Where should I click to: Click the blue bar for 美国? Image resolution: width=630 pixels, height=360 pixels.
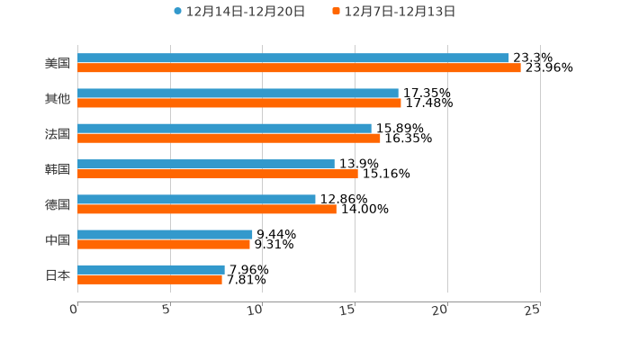tap(293, 58)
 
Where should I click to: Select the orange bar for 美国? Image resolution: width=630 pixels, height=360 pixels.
tap(299, 67)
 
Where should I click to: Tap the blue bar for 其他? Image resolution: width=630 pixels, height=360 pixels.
tap(238, 93)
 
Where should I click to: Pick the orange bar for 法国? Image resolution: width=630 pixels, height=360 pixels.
tap(229, 138)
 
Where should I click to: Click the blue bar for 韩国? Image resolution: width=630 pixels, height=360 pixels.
tap(206, 164)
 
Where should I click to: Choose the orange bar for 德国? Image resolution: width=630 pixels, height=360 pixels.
tap(207, 209)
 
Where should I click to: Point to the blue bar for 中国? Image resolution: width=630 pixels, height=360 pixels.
tap(165, 234)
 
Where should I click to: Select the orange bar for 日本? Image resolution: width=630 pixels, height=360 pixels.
tap(149, 279)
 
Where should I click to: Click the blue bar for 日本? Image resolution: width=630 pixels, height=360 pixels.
tap(151, 269)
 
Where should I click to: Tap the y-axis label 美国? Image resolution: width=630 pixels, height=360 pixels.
tap(58, 63)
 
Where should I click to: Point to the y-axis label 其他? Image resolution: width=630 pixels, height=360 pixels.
tap(58, 98)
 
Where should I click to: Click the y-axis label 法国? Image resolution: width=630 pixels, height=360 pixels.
tap(58, 133)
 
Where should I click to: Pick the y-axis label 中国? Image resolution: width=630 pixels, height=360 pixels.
tap(58, 239)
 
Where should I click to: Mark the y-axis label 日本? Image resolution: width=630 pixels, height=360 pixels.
tap(58, 274)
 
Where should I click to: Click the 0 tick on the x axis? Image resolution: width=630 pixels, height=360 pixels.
tap(75, 310)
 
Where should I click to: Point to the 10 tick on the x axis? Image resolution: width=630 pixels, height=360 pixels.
tap(257, 310)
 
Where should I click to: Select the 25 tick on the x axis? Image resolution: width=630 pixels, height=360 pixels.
tap(533, 310)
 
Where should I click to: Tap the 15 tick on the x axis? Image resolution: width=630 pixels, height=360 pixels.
tap(349, 310)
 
